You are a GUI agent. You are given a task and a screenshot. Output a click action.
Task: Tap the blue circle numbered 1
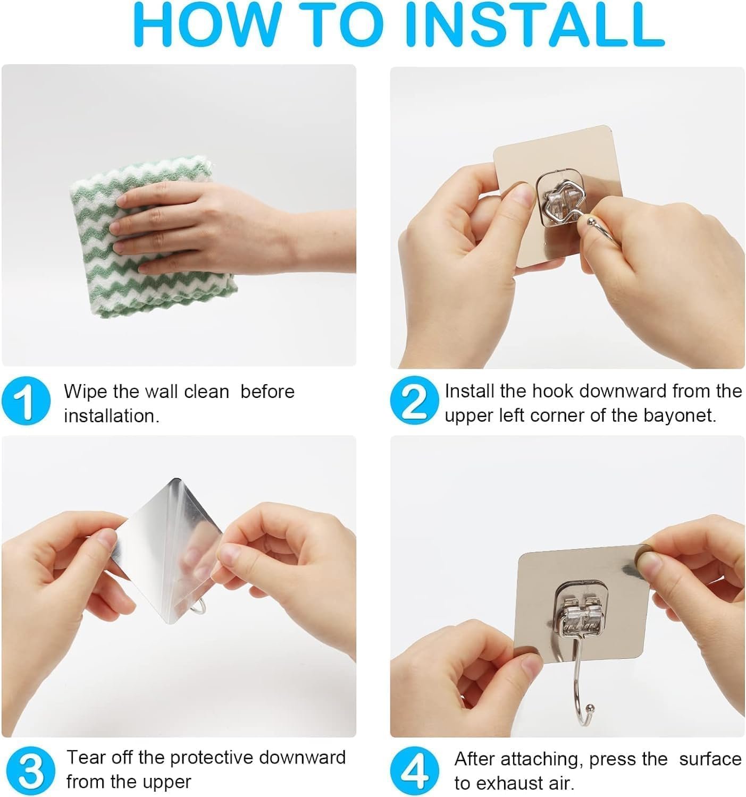click(x=26, y=401)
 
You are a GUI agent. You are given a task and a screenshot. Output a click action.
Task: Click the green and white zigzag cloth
click(x=153, y=237)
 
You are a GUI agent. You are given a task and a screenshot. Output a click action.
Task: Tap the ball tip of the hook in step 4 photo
click(x=589, y=708)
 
